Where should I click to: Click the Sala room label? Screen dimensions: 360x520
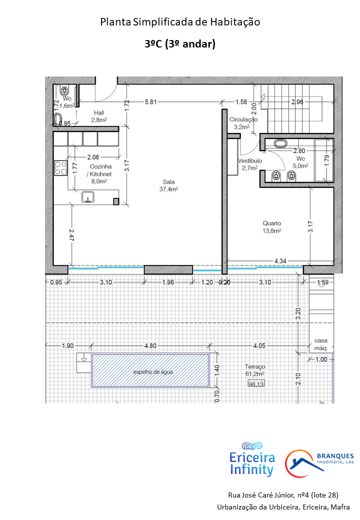(x=168, y=185)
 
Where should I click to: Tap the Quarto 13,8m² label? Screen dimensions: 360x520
(x=272, y=227)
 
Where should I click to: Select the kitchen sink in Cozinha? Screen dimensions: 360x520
(x=88, y=197)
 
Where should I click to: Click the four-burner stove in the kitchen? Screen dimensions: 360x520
(x=60, y=168)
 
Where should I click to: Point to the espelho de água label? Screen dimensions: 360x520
(x=153, y=372)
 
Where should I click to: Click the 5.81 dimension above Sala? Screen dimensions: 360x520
(x=150, y=102)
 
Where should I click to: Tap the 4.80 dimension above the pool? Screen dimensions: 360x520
(x=150, y=345)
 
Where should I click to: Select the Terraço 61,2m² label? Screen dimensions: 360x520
(x=255, y=370)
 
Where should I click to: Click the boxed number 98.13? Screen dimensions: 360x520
(x=256, y=384)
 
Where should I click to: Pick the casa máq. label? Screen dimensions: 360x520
(x=321, y=344)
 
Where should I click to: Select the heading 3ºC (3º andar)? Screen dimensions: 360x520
(x=180, y=43)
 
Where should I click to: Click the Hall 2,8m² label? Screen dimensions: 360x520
(x=99, y=116)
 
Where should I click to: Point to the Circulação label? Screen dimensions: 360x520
(x=243, y=119)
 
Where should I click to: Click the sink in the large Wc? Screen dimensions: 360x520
(x=281, y=143)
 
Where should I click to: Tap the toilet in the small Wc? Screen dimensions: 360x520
(x=64, y=90)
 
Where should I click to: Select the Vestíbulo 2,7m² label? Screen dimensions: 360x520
(x=250, y=164)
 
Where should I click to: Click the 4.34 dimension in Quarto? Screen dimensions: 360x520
(x=280, y=261)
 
